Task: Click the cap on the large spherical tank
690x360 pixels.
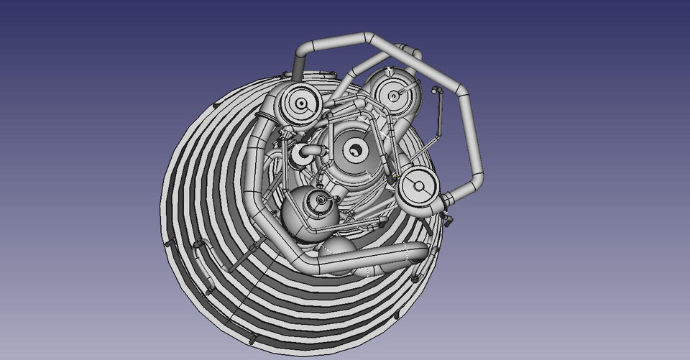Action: point(316,203)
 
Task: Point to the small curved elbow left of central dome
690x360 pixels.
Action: point(305,152)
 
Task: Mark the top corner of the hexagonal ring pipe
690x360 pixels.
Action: point(367,35)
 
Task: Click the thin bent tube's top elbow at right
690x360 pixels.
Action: point(436,91)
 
